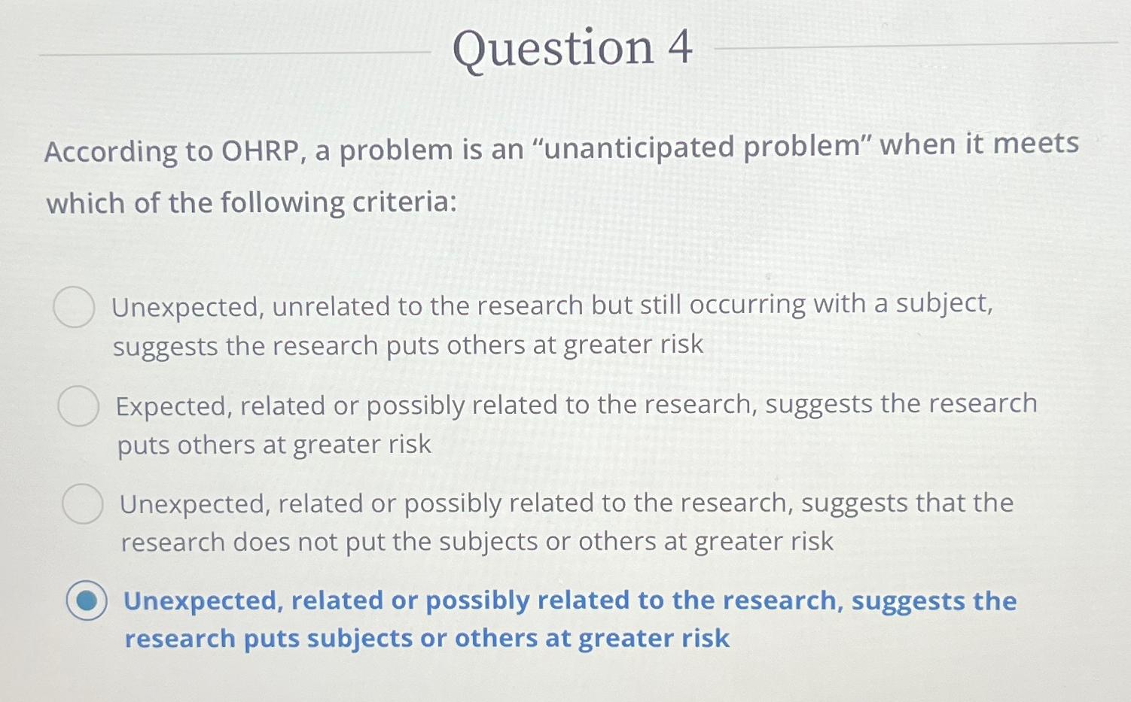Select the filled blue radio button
click(87, 600)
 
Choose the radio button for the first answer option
click(74, 307)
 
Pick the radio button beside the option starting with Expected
click(78, 406)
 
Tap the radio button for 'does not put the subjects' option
click(83, 503)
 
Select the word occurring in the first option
click(747, 306)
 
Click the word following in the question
click(282, 203)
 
